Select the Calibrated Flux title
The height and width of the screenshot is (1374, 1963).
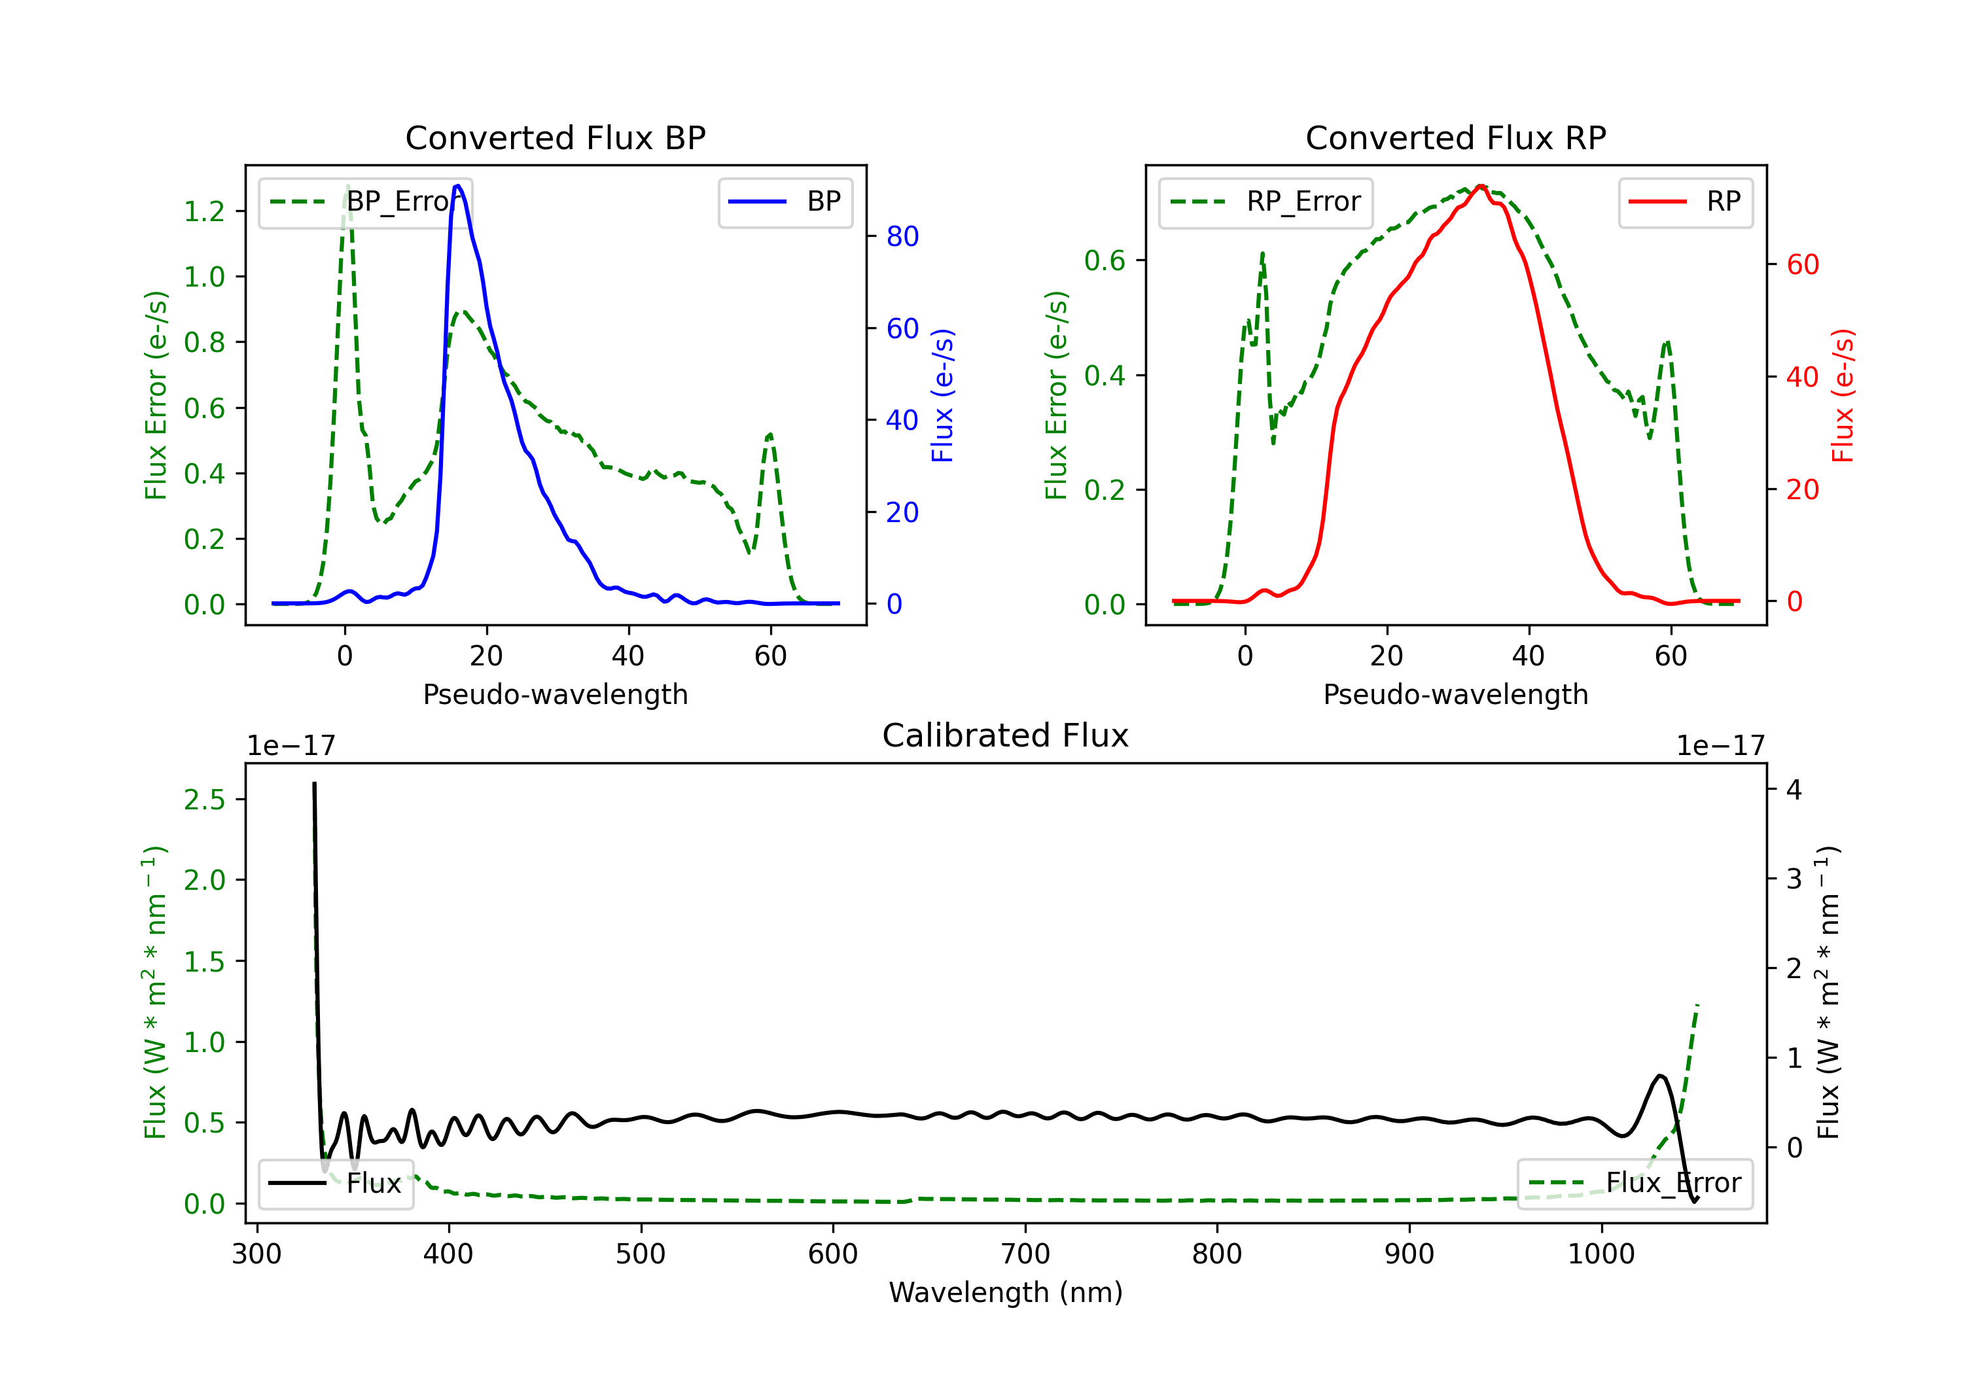tap(1006, 735)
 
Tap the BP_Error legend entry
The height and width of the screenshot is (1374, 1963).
tap(366, 202)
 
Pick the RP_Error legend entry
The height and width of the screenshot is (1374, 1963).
tap(1266, 202)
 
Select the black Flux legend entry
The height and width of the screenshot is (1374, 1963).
tap(336, 1184)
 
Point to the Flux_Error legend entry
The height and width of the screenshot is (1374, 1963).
tap(1635, 1184)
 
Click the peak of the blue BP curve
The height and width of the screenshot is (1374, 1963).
tap(457, 186)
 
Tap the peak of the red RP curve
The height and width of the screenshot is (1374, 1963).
tap(1481, 186)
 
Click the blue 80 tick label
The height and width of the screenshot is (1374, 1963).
tap(902, 237)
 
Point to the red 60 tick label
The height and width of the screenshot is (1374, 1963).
tap(1802, 265)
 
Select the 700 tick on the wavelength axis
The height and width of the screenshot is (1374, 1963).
tap(1025, 1254)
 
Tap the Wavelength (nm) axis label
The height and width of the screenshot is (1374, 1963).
tap(1006, 1293)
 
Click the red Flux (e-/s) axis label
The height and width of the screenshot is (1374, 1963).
tap(1843, 395)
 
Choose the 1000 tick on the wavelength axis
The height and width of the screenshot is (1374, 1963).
tap(1600, 1254)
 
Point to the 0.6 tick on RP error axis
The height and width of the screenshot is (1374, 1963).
tap(1105, 261)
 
